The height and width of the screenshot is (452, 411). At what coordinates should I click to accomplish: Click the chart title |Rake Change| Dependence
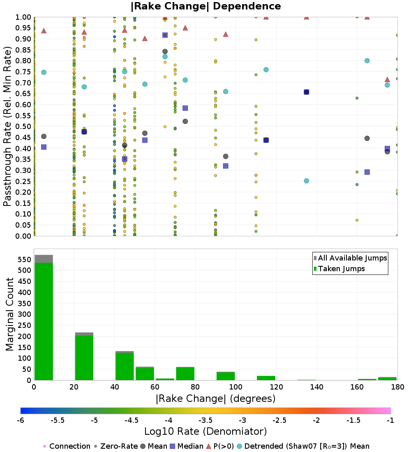[205, 6]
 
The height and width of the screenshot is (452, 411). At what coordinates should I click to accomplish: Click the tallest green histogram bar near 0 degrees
[44, 321]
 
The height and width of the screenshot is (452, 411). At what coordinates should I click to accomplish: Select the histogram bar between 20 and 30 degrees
[84, 357]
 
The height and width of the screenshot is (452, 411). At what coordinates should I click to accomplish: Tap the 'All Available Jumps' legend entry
[350, 258]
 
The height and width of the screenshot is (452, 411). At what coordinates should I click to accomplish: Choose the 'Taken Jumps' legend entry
[339, 269]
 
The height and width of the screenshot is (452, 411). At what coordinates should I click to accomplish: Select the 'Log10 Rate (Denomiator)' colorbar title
[205, 431]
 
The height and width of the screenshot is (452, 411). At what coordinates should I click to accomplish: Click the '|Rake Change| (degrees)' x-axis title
[215, 398]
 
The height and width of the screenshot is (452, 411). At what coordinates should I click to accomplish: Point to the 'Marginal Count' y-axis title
[10, 314]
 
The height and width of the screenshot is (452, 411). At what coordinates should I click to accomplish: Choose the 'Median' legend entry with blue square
[187, 446]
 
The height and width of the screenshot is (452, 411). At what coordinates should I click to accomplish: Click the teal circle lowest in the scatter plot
[306, 181]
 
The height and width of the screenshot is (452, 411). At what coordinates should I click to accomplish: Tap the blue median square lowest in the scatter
[367, 172]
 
